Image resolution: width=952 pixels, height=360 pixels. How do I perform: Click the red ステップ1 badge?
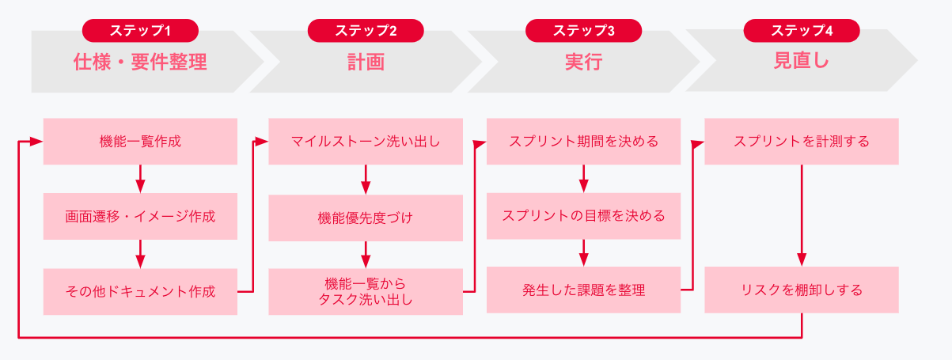[x=140, y=31]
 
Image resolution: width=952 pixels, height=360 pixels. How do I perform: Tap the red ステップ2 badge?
[x=366, y=31]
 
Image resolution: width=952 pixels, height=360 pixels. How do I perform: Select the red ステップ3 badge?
[x=583, y=31]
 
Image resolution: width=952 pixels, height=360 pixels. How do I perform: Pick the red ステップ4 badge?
[x=802, y=31]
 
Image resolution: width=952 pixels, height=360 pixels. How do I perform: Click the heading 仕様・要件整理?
[x=140, y=62]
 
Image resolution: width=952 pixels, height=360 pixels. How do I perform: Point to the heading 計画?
[x=366, y=62]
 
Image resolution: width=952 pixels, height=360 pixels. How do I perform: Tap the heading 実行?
[x=583, y=62]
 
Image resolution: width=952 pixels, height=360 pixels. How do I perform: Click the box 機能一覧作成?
[x=140, y=142]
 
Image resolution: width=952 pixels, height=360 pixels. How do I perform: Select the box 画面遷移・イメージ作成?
[x=140, y=216]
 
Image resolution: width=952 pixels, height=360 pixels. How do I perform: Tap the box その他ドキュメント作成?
[x=140, y=290]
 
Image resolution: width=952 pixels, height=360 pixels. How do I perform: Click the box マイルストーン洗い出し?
[x=366, y=142]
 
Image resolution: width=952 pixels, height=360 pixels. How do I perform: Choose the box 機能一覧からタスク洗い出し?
[x=366, y=290]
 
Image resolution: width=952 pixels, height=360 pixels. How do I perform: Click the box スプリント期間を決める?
[x=583, y=142]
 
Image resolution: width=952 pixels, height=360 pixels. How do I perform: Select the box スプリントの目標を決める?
[x=583, y=216]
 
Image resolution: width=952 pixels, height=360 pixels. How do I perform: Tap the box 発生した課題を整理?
[x=583, y=290]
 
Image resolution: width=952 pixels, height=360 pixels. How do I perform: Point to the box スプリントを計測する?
[x=802, y=142]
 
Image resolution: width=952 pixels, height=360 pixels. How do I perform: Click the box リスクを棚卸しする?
[x=802, y=290]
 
